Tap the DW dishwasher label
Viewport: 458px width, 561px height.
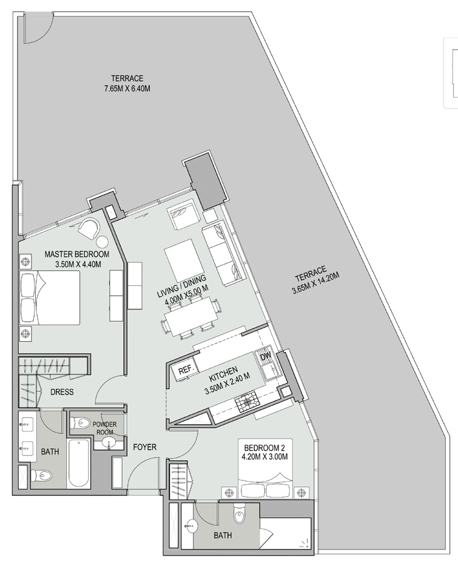pos(265,357)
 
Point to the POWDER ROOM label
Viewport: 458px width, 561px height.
pos(105,428)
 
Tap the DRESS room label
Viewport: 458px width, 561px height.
pos(62,392)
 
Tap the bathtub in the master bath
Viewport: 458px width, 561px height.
pos(79,463)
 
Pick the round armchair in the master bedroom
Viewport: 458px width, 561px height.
pos(90,228)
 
